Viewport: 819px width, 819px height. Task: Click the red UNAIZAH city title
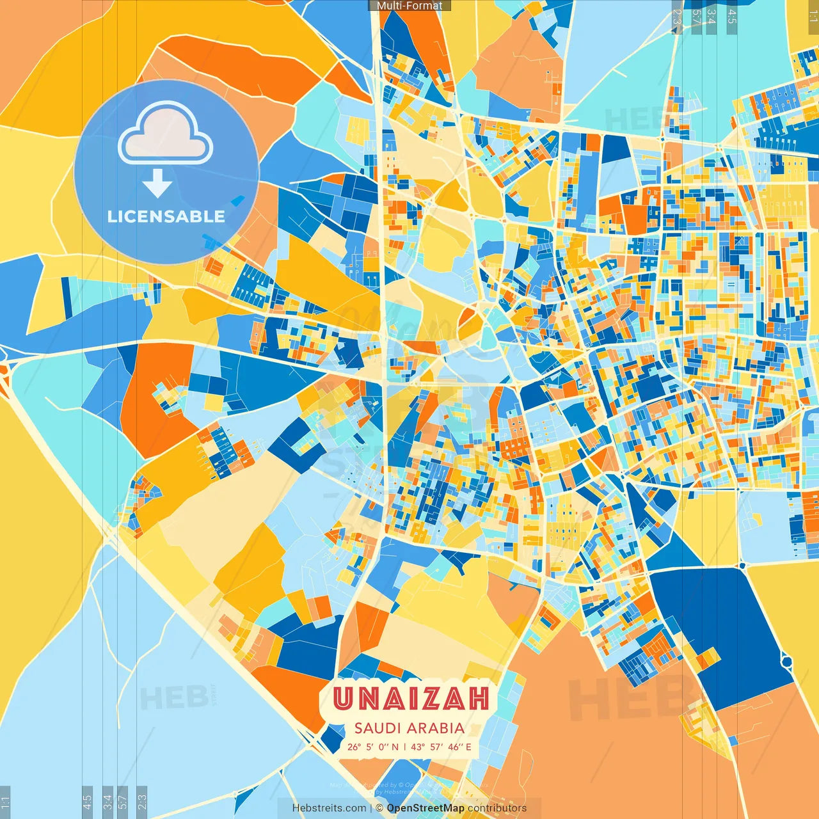(411, 698)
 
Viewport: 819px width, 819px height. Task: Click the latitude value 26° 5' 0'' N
(372, 747)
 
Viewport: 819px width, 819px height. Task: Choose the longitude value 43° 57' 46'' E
(441, 747)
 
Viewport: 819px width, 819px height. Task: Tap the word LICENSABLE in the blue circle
(166, 216)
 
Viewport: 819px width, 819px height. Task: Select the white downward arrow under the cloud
(157, 183)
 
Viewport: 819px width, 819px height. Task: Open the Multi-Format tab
(409, 6)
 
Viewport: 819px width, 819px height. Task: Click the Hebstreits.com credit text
(329, 808)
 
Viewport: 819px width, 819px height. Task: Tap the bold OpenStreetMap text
(425, 808)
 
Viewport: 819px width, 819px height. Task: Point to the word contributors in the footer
(497, 808)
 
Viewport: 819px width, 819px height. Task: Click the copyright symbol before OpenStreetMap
(379, 808)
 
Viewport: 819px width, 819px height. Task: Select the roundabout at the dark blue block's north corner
(743, 566)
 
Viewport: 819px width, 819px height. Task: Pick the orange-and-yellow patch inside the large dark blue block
(707, 658)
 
